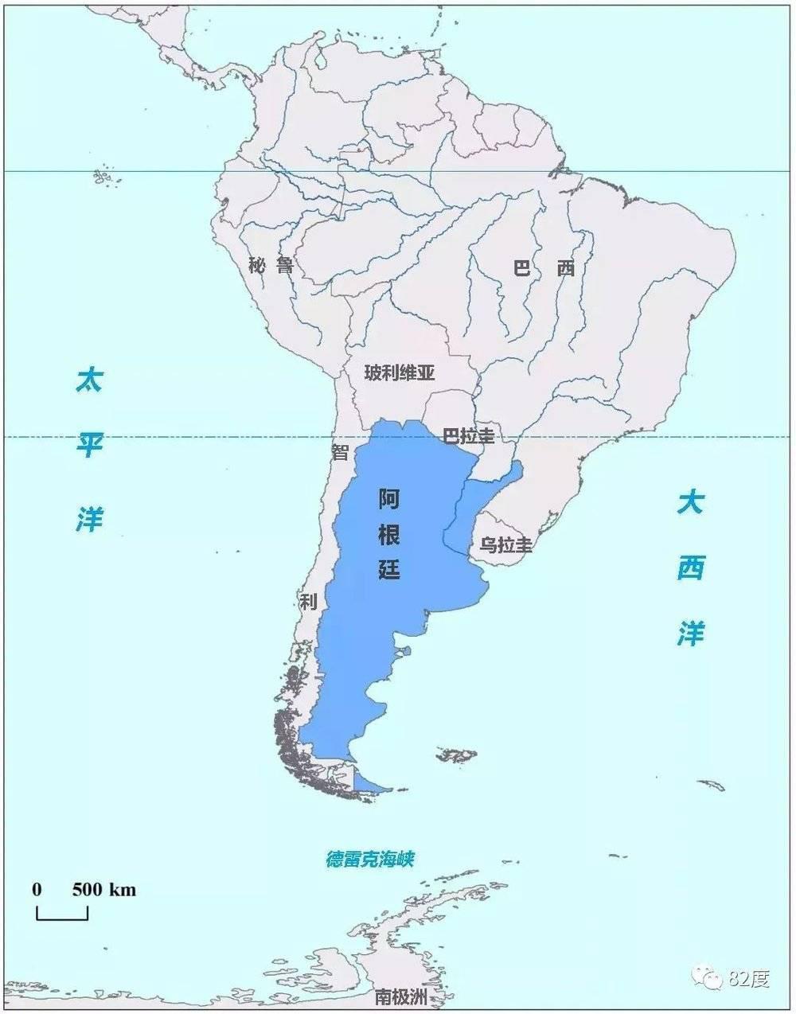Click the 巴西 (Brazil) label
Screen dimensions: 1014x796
click(x=543, y=268)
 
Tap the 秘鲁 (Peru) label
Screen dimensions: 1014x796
click(x=271, y=266)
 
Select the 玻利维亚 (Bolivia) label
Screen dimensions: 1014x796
click(x=400, y=372)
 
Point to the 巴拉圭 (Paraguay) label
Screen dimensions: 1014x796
click(x=468, y=436)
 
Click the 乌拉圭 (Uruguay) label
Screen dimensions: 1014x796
click(x=505, y=545)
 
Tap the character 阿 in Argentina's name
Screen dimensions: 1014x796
click(x=389, y=500)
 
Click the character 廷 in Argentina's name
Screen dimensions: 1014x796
click(x=389, y=569)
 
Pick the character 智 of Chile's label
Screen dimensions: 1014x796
click(x=341, y=452)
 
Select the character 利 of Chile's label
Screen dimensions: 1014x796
click(x=308, y=601)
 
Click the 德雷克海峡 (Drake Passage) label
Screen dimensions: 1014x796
click(x=370, y=860)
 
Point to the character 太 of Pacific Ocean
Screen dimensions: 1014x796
click(x=89, y=380)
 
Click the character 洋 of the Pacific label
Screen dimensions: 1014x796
click(x=89, y=520)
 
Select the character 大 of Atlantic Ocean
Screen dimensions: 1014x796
click(x=690, y=503)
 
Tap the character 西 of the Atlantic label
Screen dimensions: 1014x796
click(x=690, y=568)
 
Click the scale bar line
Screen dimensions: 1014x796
click(x=62, y=918)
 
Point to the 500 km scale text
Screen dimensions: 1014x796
click(x=104, y=889)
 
